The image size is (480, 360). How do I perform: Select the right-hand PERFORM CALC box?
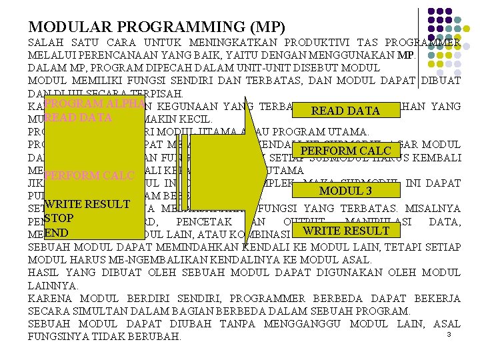[345, 151]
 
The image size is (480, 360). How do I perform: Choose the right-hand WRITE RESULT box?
[345, 231]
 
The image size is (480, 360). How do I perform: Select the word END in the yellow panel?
[57, 233]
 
